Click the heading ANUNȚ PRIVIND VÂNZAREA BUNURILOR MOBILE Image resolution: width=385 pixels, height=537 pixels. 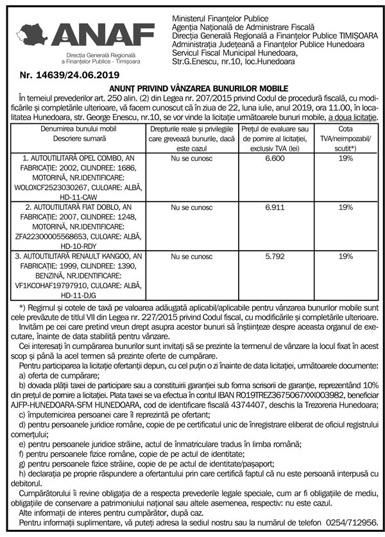(193, 87)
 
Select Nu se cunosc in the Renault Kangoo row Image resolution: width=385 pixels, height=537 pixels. (192, 257)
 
